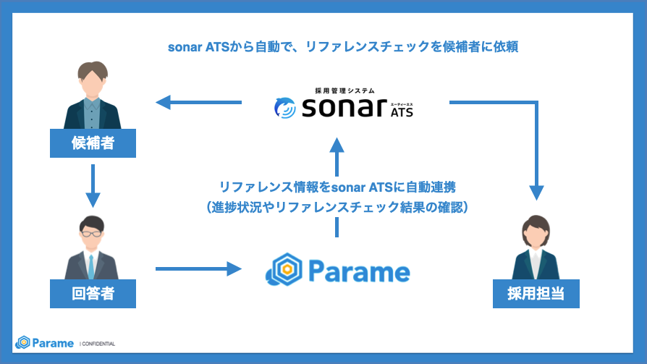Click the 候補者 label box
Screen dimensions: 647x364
93,143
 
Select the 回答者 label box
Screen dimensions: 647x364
93,294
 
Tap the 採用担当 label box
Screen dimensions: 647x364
536,294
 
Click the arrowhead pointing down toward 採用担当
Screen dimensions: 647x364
536,191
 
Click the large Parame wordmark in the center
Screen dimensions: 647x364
359,271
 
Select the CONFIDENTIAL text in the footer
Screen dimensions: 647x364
98,343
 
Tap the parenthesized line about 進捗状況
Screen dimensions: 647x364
337,208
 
